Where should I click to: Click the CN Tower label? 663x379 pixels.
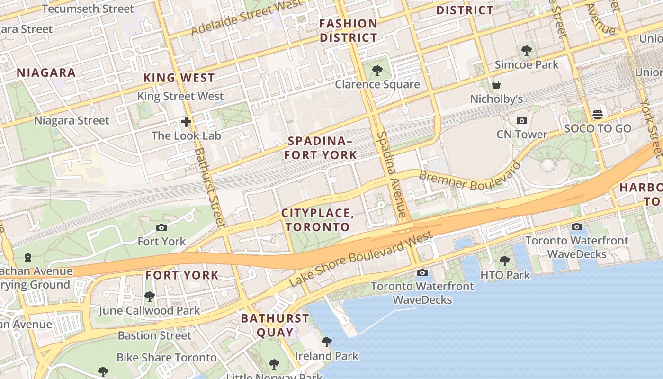pyautogui.click(x=521, y=135)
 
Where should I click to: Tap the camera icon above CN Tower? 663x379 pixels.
pyautogui.click(x=521, y=121)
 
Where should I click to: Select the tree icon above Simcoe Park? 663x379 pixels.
pyautogui.click(x=526, y=50)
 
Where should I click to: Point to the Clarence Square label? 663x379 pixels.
pyautogui.click(x=377, y=85)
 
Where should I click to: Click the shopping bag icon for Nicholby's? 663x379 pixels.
pyautogui.click(x=496, y=85)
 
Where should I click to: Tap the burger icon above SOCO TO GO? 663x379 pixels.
pyautogui.click(x=597, y=115)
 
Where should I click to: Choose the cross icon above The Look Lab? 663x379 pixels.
pyautogui.click(x=186, y=122)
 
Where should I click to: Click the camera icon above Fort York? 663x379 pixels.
pyautogui.click(x=161, y=228)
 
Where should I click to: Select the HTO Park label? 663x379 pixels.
pyautogui.click(x=505, y=275)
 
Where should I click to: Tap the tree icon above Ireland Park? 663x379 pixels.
pyautogui.click(x=326, y=342)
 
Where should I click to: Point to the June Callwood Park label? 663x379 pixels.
pyautogui.click(x=149, y=311)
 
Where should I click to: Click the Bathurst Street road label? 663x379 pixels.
pyautogui.click(x=209, y=187)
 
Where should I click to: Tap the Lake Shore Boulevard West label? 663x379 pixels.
pyautogui.click(x=360, y=259)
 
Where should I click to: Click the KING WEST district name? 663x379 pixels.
pyautogui.click(x=179, y=78)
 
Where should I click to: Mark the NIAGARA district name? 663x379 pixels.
pyautogui.click(x=46, y=72)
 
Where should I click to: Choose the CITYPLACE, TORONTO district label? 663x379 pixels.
pyautogui.click(x=318, y=220)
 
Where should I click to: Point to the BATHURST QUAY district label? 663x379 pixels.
pyautogui.click(x=275, y=325)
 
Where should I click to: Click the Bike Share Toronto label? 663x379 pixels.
pyautogui.click(x=167, y=358)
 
